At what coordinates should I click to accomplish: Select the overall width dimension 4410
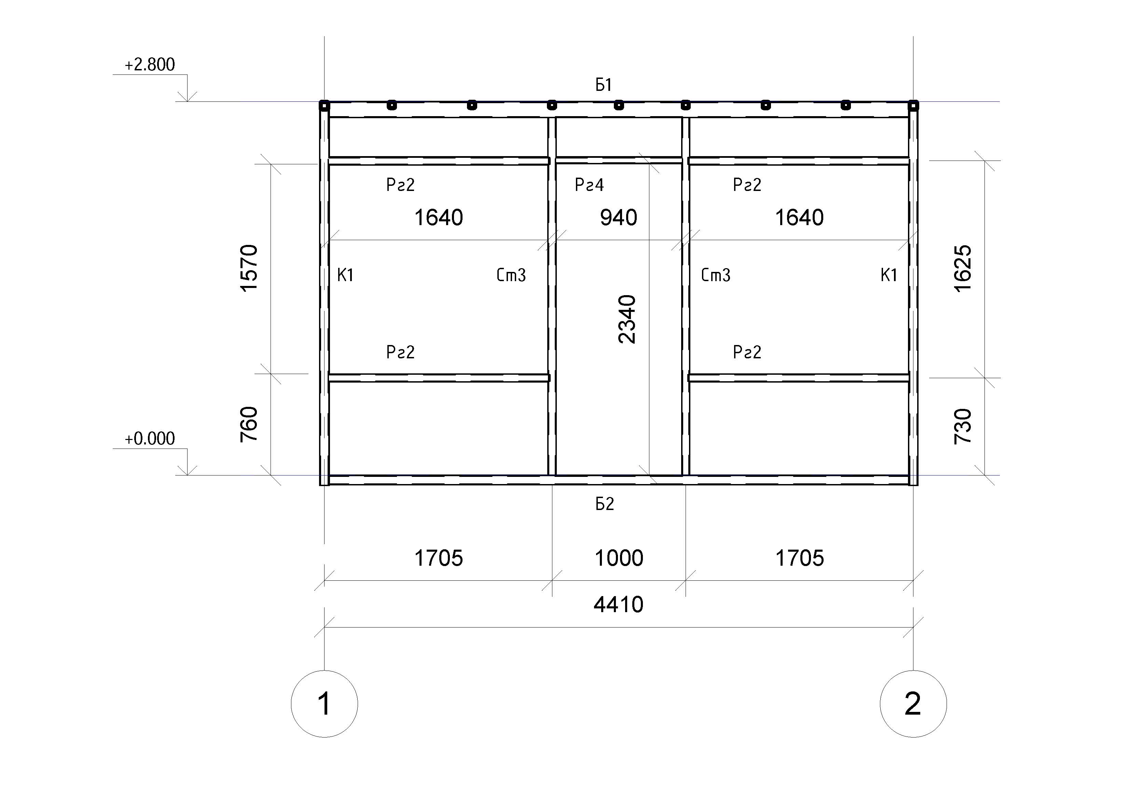pos(619,605)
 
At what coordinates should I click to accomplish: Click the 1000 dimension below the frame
pos(619,558)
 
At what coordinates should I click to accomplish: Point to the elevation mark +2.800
pos(150,65)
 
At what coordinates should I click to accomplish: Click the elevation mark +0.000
pos(150,438)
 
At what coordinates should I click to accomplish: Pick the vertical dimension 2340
pos(628,319)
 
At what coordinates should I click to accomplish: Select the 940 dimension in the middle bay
pos(619,218)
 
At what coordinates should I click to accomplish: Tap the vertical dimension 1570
pos(249,268)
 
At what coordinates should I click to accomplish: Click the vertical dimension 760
pos(249,424)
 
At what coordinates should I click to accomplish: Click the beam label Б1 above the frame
pos(604,85)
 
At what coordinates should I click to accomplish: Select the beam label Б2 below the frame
pos(605,504)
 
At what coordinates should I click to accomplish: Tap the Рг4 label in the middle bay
pos(589,185)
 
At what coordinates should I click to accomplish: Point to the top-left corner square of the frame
pos(324,105)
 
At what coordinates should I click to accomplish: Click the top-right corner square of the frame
pos(913,105)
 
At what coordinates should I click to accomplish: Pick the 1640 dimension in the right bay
pos(799,218)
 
